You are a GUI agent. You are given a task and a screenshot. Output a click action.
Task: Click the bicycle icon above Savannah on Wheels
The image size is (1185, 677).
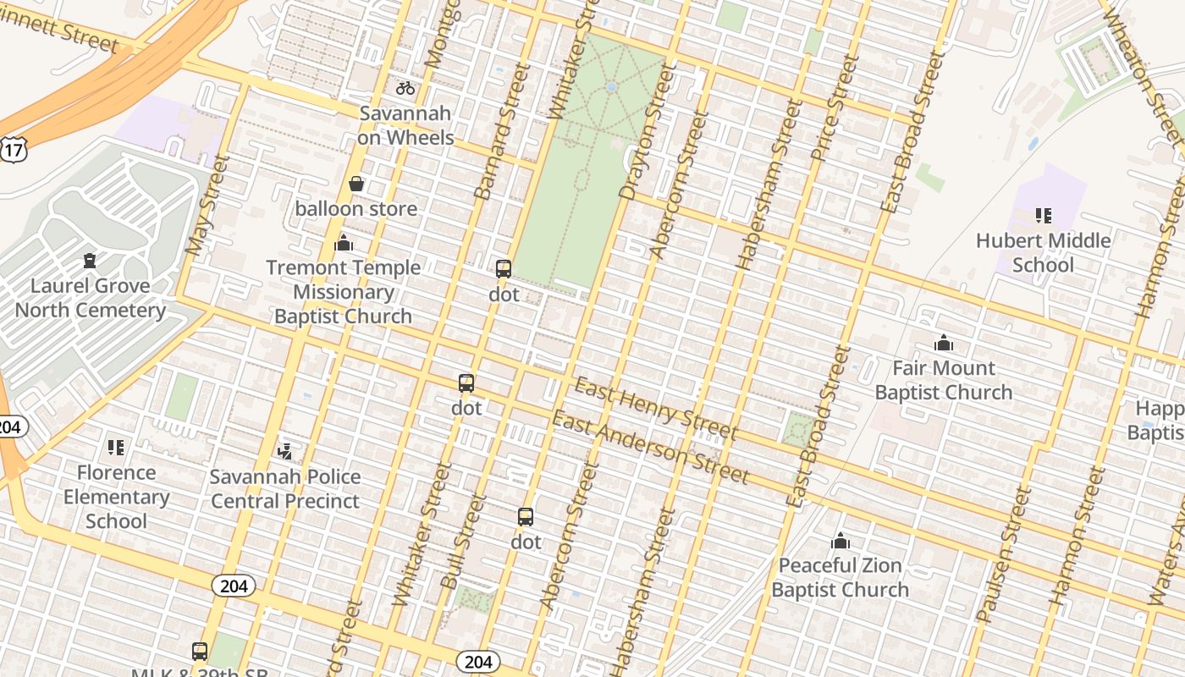point(405,88)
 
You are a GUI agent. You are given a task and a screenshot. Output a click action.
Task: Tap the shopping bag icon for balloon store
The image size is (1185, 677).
point(356,184)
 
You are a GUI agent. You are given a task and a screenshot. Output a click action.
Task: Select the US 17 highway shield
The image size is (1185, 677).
point(14,151)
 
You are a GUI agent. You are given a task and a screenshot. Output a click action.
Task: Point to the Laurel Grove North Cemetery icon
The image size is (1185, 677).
point(90,261)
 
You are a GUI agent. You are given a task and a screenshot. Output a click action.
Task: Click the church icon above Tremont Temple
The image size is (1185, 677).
point(344,244)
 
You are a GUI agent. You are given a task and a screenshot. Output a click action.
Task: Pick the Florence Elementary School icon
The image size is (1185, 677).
point(116,448)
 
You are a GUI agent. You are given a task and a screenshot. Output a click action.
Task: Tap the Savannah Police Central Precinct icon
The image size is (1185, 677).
point(285,452)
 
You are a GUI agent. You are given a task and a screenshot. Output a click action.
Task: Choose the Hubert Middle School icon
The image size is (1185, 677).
point(1044,216)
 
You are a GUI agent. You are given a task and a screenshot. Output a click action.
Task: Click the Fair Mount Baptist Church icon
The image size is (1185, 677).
point(943,343)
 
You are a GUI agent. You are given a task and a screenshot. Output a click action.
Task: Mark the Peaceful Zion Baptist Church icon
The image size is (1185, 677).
point(840,541)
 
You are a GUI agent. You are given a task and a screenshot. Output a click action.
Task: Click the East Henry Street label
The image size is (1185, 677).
point(656,410)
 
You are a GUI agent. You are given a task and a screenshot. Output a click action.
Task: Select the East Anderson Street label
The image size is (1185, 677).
point(650,448)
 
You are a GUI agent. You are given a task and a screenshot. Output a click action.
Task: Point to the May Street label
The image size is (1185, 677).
point(206,206)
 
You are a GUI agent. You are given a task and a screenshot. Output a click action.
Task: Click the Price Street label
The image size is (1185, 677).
point(834,108)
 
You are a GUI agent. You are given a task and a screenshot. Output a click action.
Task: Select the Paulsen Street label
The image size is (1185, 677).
point(1004,554)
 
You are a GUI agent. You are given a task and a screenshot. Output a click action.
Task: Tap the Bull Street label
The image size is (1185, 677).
point(464,542)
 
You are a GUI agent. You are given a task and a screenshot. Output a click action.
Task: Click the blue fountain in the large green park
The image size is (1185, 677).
point(611,87)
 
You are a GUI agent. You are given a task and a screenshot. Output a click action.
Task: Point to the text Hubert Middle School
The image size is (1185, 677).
point(1043,253)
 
